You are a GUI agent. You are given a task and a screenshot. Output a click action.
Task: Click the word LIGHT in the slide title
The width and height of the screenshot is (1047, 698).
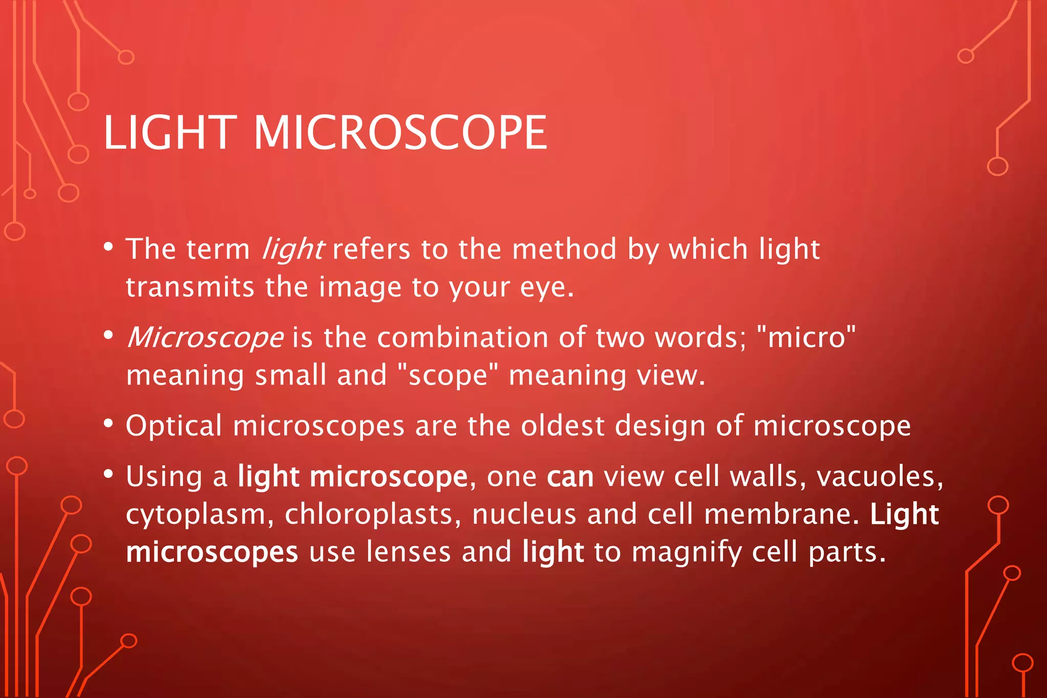click(x=169, y=133)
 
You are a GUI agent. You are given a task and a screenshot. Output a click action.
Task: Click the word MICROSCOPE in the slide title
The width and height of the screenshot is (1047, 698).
click(x=400, y=133)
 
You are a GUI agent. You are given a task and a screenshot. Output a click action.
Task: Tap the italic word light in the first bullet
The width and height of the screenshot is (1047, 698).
click(x=292, y=250)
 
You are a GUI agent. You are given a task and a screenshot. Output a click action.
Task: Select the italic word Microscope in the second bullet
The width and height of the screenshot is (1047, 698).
click(x=205, y=338)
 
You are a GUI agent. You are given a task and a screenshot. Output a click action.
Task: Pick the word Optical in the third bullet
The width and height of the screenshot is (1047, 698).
click(x=174, y=426)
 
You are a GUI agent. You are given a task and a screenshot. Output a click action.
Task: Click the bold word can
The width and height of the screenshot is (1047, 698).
click(x=570, y=478)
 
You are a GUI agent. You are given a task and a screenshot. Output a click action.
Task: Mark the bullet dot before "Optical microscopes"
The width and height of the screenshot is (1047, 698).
click(x=108, y=424)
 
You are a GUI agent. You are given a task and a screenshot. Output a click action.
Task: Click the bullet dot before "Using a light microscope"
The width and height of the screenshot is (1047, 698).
click(x=108, y=475)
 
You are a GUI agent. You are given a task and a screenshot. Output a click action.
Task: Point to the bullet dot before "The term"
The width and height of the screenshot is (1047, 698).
click(x=108, y=247)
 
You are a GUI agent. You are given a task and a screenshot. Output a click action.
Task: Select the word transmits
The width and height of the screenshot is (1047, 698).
click(x=190, y=287)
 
